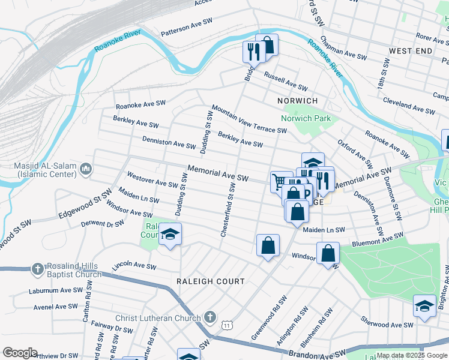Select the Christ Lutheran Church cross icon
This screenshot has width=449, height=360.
pos(209,316)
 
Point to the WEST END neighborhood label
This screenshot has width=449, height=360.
pos(411,51)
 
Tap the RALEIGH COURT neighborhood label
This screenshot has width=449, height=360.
pos(210,281)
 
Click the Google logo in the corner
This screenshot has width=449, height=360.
pos(20,353)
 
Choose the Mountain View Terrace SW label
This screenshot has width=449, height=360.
pos(249,118)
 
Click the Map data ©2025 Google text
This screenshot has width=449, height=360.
pos(411,355)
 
